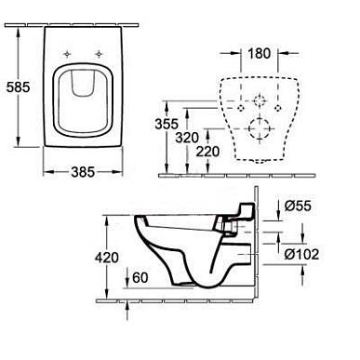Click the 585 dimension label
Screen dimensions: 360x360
[x=19, y=87]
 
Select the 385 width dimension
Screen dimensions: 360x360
[x=83, y=172]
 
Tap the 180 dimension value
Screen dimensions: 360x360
[x=260, y=53]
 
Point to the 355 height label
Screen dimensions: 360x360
[x=167, y=124]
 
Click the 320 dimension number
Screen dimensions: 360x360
[x=187, y=138]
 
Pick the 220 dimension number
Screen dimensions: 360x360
[x=207, y=152]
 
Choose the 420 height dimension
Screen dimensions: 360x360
[x=107, y=258]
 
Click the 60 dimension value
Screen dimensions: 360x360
[x=140, y=277]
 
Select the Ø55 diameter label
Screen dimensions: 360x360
[x=298, y=206]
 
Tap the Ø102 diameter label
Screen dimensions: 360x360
[x=301, y=255]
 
